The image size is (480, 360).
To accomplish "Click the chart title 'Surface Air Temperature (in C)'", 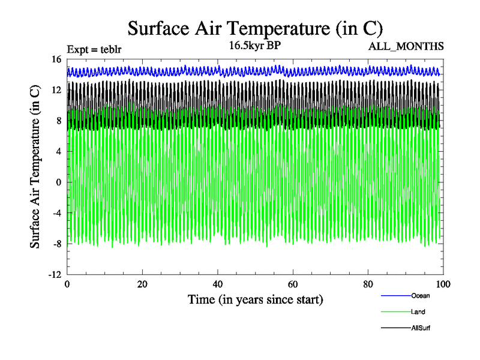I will (255, 28).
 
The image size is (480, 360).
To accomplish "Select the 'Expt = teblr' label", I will (94, 49).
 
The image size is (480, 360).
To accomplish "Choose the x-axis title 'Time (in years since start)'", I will (255, 299).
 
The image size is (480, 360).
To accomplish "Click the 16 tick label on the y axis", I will (57, 59).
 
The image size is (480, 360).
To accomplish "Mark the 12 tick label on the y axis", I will (57, 90).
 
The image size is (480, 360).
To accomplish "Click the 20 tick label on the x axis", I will (142, 284).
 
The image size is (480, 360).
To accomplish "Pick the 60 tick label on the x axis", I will (293, 284).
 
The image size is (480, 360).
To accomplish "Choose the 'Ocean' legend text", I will (420, 295).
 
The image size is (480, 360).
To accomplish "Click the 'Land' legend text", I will (418, 312).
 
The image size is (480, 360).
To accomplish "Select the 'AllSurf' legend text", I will (421, 328).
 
